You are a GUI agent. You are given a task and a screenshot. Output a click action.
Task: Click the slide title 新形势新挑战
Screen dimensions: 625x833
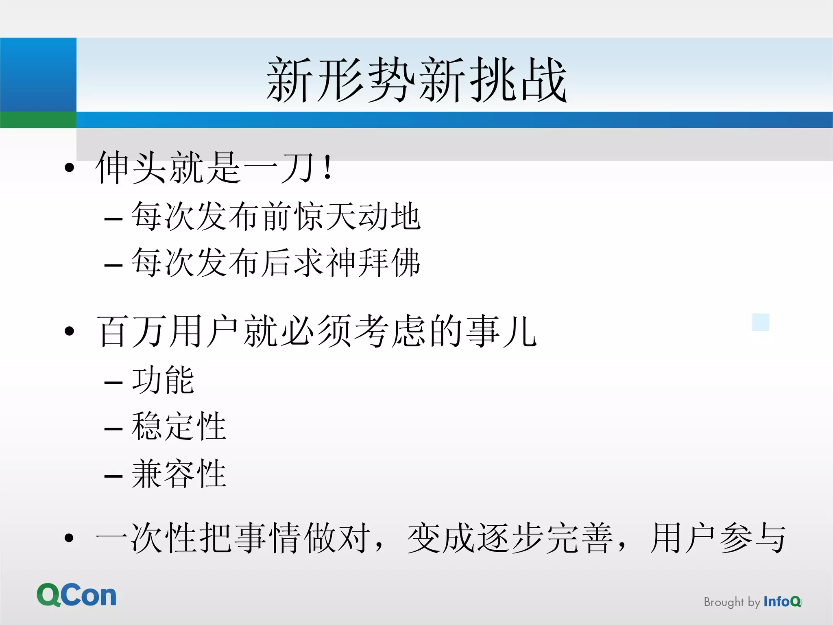416,79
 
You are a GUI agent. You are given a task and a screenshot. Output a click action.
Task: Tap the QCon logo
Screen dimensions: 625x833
76,595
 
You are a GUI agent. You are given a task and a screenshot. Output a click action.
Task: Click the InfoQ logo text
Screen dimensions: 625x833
782,601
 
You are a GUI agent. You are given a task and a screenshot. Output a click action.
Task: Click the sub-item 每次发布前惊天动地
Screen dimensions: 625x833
276,216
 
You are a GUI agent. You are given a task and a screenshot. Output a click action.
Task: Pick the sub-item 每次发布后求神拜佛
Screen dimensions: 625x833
276,263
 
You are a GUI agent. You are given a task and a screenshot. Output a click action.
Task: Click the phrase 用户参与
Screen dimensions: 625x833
718,538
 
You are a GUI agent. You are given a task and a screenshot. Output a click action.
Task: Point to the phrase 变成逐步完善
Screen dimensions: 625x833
510,538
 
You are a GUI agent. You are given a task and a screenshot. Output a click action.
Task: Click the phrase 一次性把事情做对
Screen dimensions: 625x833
233,538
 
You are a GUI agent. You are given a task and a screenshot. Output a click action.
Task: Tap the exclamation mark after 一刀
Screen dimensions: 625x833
327,167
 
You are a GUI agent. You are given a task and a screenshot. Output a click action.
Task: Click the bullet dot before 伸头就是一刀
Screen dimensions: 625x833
70,167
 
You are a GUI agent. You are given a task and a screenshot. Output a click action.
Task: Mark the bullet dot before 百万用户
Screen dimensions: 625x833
70,331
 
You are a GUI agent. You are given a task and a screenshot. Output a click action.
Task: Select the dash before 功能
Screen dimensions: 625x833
113,382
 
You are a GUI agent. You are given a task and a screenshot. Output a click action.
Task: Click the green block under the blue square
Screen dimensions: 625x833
38,120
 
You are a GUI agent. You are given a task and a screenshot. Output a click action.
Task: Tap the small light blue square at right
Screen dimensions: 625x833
761,322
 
